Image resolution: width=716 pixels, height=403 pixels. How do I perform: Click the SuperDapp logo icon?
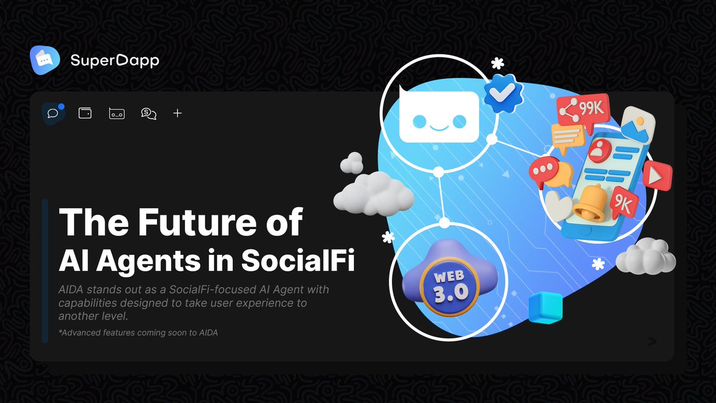45,60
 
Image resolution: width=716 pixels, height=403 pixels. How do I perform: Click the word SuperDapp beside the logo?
115,60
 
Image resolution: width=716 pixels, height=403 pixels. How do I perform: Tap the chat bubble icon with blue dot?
53,113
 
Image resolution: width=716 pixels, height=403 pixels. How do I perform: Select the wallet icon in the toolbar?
85,113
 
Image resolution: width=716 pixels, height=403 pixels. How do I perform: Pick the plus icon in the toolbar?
177,113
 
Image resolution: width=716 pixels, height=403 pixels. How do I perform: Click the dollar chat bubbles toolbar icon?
149,113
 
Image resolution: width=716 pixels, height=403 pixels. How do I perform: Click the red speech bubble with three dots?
543,169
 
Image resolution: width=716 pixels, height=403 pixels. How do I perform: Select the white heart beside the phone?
558,205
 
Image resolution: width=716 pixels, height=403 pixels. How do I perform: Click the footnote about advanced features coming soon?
138,333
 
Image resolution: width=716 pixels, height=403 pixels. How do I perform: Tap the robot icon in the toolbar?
116,113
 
